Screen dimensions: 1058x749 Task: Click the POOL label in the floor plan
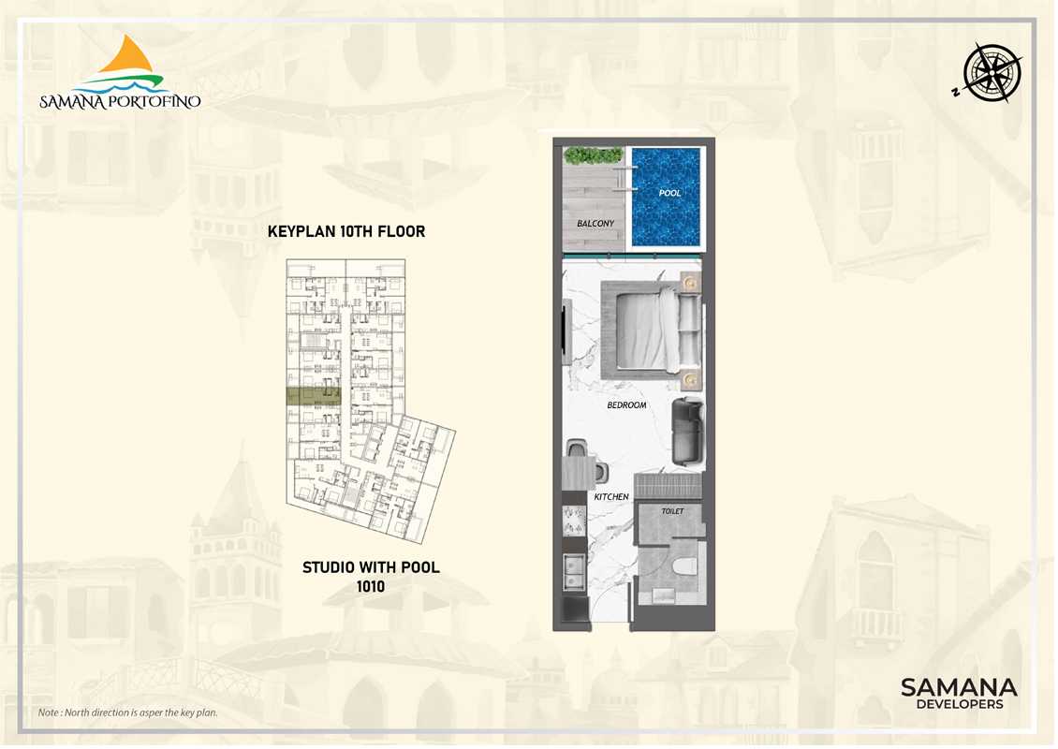coord(669,193)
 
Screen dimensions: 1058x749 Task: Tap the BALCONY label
coord(595,224)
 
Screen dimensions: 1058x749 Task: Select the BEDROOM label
coord(626,404)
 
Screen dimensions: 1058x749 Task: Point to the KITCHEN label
coord(611,496)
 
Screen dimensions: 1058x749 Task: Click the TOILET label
coord(672,511)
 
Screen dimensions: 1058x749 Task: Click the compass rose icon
coord(992,72)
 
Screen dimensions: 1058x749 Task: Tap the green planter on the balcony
coord(593,155)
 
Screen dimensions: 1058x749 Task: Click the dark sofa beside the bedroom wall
coord(687,432)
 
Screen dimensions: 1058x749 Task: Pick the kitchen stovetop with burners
coord(574,521)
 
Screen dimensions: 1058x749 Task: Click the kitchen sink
coord(574,572)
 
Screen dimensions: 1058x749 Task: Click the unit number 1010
coord(371,586)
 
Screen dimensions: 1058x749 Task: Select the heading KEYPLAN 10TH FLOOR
coord(346,231)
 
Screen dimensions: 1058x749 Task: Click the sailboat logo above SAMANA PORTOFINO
coord(131,65)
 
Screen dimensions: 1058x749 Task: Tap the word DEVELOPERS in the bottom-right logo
coord(959,704)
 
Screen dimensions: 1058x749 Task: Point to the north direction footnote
coord(128,712)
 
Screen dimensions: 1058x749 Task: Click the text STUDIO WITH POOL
coord(371,567)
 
